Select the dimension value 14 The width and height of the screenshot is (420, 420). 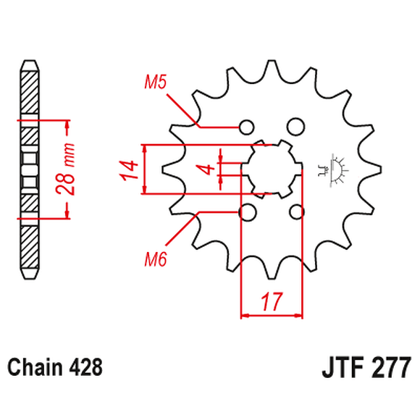coord(129,169)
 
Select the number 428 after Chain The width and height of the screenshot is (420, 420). coord(86,367)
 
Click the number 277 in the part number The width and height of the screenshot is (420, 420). coord(392,367)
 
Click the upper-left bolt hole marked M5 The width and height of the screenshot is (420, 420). coord(248,127)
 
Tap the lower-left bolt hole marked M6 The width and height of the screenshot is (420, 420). coord(248,212)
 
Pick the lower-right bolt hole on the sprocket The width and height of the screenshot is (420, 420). coord(296,212)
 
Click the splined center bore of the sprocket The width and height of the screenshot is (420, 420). coord(272,169)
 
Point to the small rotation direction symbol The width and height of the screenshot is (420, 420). coord(335,169)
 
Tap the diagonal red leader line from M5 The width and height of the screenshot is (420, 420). coord(181,109)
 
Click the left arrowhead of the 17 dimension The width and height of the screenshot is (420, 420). coord(245,316)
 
